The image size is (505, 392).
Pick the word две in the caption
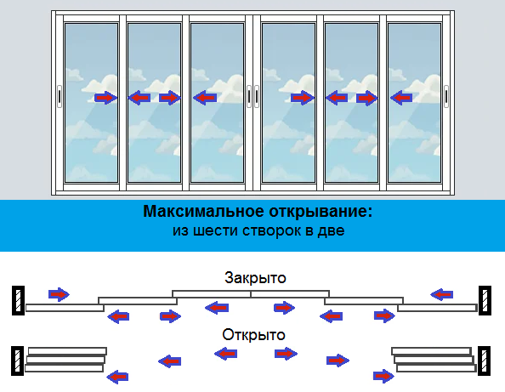pos(332,230)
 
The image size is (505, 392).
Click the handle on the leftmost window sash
pos(59,97)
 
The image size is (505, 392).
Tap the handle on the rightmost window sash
pos(445,97)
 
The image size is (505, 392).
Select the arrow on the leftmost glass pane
pos(105,98)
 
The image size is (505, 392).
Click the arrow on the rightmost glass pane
pos(401,99)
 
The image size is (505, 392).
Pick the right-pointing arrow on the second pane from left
pos(169,98)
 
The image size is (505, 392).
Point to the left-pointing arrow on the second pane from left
pos(139,98)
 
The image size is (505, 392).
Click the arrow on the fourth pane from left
pos(302,99)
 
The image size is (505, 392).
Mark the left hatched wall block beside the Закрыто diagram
pos(18,299)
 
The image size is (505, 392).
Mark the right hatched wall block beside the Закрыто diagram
pos(485,299)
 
